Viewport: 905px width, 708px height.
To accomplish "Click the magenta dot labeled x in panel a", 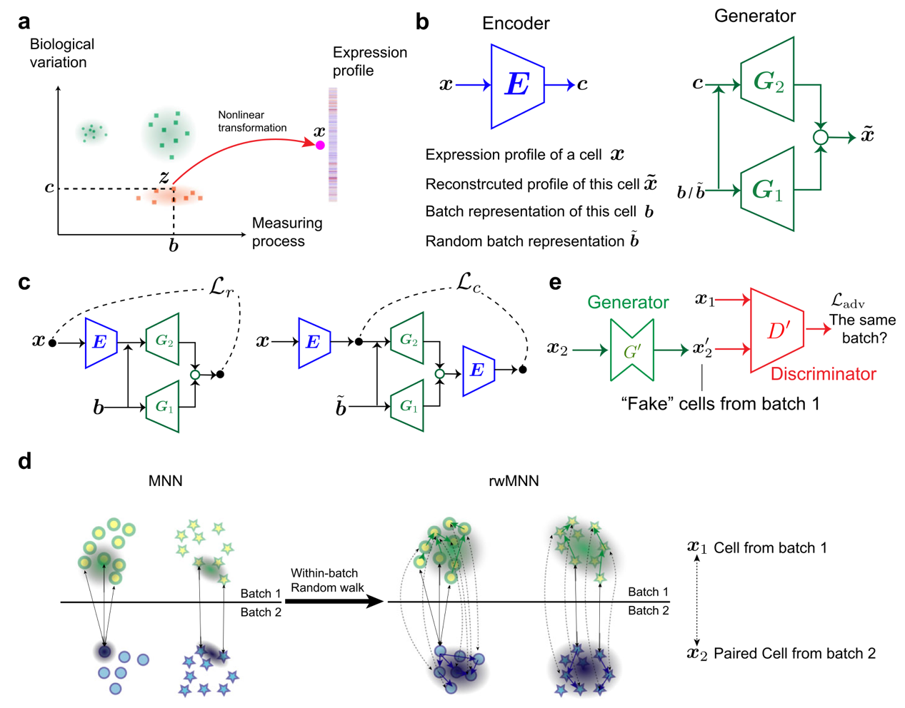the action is pos(320,145).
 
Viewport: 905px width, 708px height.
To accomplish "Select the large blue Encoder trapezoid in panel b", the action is pos(517,86).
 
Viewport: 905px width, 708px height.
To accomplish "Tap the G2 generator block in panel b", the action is pos(767,79).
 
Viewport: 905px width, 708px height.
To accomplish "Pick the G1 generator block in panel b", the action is pos(767,189).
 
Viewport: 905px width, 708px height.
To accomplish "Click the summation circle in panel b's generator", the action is pos(821,137).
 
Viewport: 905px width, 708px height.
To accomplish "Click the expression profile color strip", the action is pos(333,144).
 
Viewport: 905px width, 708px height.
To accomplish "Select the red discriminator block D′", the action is pos(776,330).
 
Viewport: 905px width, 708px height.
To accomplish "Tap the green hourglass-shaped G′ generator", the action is pos(632,350).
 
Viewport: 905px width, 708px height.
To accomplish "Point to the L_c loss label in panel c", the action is pos(469,283).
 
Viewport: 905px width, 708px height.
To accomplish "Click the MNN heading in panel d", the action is pos(165,481).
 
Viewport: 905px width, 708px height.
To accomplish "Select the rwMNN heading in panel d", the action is pos(514,481).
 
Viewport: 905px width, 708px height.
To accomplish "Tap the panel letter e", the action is pos(555,283).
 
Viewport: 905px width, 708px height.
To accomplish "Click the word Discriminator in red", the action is pos(824,374).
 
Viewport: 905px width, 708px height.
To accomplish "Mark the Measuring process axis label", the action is pos(287,232).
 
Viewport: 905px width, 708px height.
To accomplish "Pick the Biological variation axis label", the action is pos(61,54).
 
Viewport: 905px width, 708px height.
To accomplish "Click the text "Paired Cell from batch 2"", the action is pos(794,653).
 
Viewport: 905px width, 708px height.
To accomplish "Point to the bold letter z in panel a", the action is pos(164,178).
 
